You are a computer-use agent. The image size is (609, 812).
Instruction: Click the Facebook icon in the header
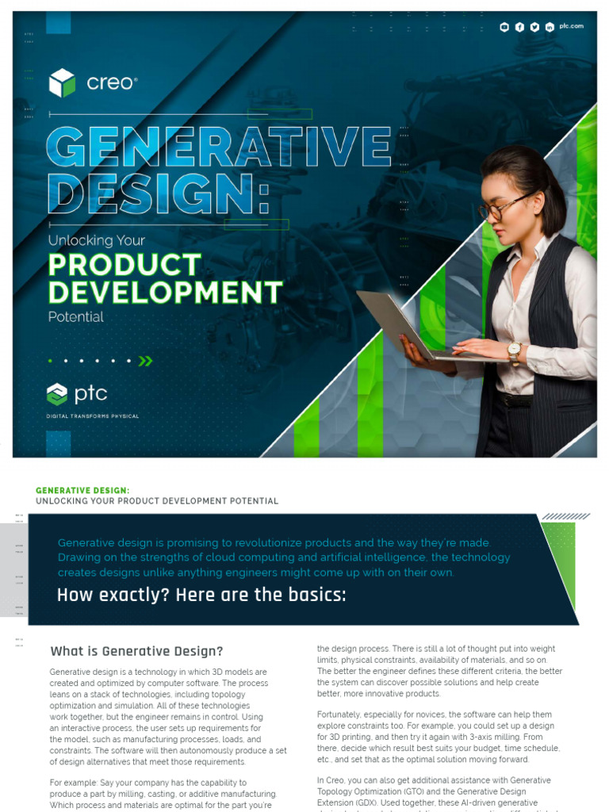tap(519, 27)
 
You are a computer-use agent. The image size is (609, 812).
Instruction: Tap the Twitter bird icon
tap(534, 27)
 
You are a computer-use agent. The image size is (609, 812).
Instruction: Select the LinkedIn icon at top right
tap(550, 27)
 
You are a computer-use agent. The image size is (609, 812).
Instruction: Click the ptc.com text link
tap(571, 26)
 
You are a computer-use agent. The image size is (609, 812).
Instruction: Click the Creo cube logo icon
tap(62, 82)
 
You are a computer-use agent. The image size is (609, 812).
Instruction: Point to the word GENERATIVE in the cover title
tap(219, 147)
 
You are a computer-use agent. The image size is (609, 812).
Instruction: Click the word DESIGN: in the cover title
tap(157, 192)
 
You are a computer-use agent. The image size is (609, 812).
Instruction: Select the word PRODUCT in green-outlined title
tap(124, 265)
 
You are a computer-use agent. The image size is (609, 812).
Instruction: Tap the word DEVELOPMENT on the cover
tap(165, 292)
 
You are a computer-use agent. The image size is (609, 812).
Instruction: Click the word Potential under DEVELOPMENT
tap(76, 317)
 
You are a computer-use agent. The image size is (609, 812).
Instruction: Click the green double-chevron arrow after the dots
tap(145, 361)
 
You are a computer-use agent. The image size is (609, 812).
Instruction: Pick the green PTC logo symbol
tap(57, 393)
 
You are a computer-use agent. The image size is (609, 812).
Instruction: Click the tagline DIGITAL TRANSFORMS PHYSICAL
tap(93, 416)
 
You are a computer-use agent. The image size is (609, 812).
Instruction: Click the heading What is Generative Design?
tap(136, 651)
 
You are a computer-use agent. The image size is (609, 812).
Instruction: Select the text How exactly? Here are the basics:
tap(201, 595)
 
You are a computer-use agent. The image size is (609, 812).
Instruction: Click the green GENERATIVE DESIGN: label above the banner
tap(82, 491)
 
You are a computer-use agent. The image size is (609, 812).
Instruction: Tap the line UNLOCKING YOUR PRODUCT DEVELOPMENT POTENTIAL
tap(157, 501)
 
